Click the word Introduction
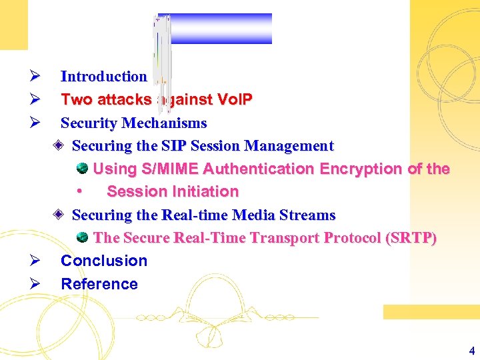pos(103,77)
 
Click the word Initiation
pos(206,192)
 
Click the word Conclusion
pos(104,261)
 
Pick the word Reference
pos(99,284)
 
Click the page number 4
pos(472,351)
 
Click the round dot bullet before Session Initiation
pos(79,192)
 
